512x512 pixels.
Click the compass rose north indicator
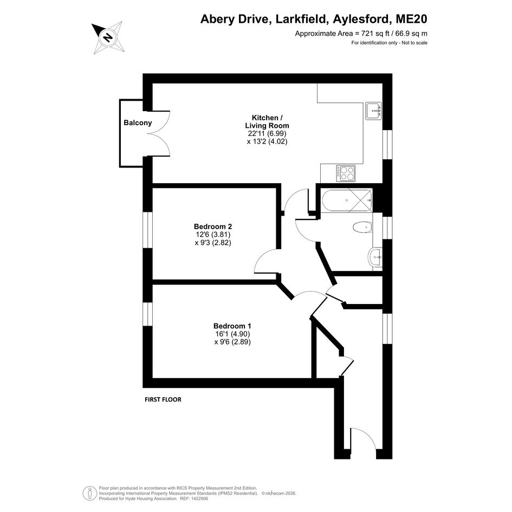click(x=107, y=37)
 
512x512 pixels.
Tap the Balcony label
click(x=138, y=123)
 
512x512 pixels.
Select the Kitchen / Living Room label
click(x=267, y=121)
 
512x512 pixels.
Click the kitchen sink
click(x=373, y=111)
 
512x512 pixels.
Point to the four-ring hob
click(x=346, y=173)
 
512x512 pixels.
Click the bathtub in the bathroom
click(x=347, y=200)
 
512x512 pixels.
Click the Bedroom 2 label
click(x=213, y=226)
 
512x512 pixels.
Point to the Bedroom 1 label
click(x=232, y=326)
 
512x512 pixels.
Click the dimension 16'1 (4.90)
click(x=232, y=334)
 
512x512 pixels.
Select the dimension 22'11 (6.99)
click(x=267, y=133)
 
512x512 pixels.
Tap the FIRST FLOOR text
click(x=163, y=399)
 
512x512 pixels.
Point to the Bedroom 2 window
click(x=148, y=230)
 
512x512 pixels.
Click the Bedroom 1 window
click(x=148, y=314)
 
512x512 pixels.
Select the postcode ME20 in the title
click(x=411, y=19)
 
